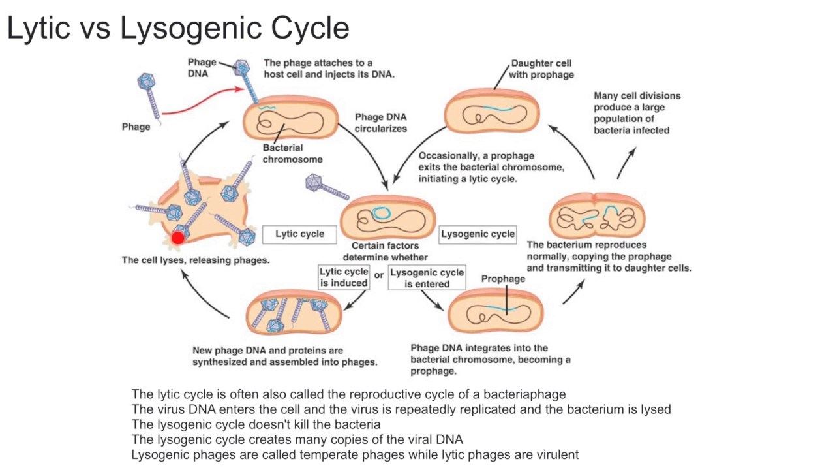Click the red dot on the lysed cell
(178, 238)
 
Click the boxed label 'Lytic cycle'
(299, 234)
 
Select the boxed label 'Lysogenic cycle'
(478, 234)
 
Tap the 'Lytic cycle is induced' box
(343, 277)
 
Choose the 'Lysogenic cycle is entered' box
(427, 278)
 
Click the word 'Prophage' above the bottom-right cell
(503, 279)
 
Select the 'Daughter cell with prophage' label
(541, 69)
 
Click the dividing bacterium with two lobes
(597, 216)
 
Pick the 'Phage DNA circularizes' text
(380, 123)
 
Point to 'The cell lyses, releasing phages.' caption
(195, 260)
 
